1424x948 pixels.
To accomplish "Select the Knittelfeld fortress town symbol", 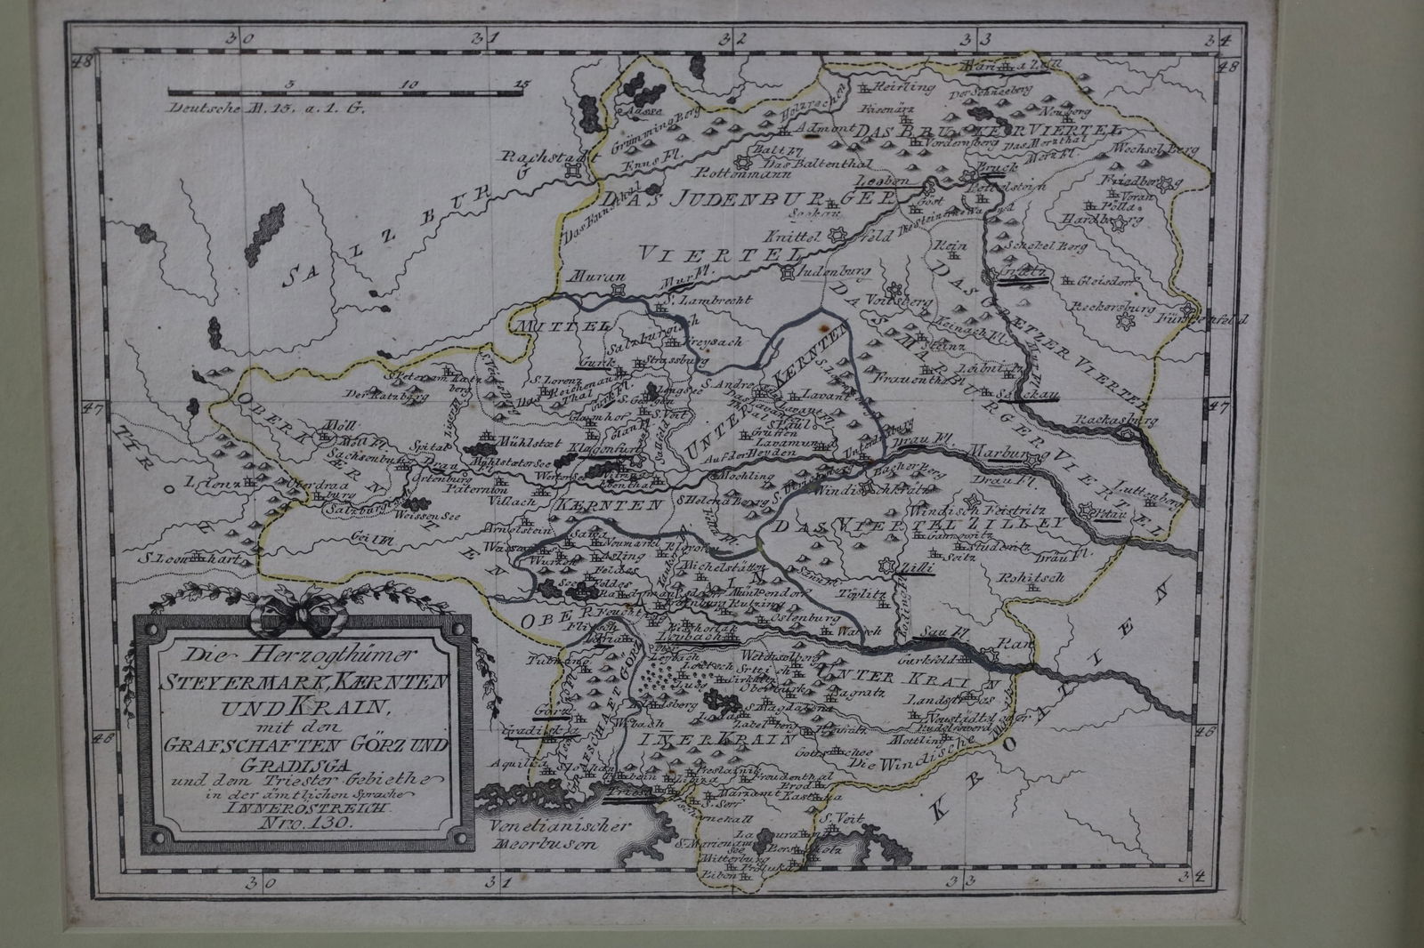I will (836, 236).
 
